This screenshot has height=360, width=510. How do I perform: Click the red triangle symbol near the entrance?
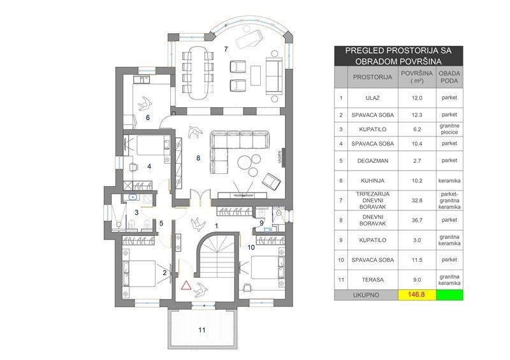point(186,285)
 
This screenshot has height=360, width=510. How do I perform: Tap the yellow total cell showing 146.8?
point(417,295)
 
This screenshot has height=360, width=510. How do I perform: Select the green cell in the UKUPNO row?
point(449,295)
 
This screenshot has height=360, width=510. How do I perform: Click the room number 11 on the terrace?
point(202,330)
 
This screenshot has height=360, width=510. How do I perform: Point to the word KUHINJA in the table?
point(372,180)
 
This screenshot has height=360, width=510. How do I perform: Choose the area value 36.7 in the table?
point(417,220)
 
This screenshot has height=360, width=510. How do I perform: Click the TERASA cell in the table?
point(372,280)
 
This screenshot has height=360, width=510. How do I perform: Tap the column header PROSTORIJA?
point(372,77)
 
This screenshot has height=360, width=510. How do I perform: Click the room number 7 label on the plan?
point(226,49)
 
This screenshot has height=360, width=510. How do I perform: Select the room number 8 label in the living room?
point(198,158)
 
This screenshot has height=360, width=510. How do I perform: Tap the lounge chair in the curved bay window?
point(249,38)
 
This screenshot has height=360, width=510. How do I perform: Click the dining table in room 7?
point(198,72)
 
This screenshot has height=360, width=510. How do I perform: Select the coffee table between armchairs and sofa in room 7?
point(256,76)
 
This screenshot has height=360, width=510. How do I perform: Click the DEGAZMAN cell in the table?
point(372,161)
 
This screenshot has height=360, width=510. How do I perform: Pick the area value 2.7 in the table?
point(417,161)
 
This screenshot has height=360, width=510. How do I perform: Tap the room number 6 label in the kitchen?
point(148,117)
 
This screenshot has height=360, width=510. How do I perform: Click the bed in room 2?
point(139,273)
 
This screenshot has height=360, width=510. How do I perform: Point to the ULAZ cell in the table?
point(372,98)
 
